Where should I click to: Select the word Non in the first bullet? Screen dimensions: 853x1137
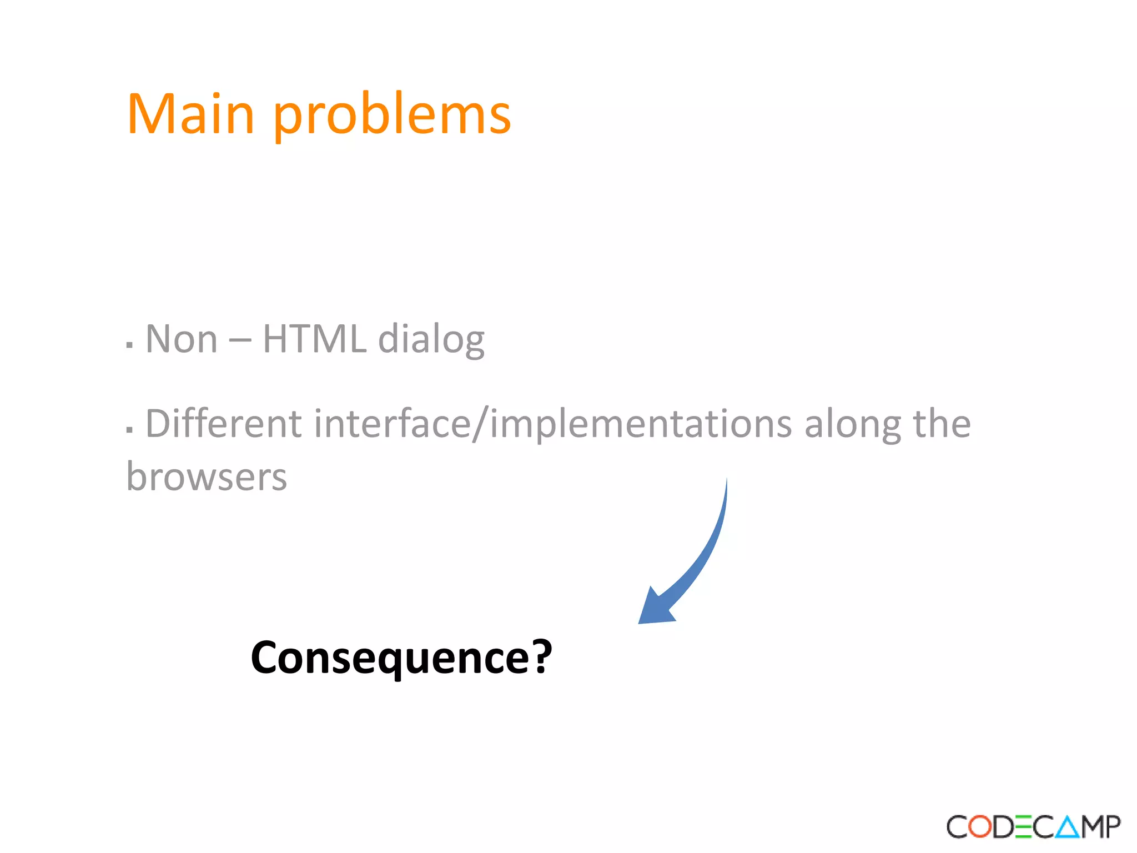[x=181, y=339]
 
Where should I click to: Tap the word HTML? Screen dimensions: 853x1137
[x=314, y=339]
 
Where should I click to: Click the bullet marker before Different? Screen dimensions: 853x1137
[x=129, y=430]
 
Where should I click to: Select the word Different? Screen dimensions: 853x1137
[x=223, y=424]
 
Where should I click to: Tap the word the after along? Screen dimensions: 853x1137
[x=942, y=424]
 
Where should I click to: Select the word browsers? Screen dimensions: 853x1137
[x=207, y=477]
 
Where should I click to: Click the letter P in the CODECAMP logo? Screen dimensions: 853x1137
[x=1112, y=827]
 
